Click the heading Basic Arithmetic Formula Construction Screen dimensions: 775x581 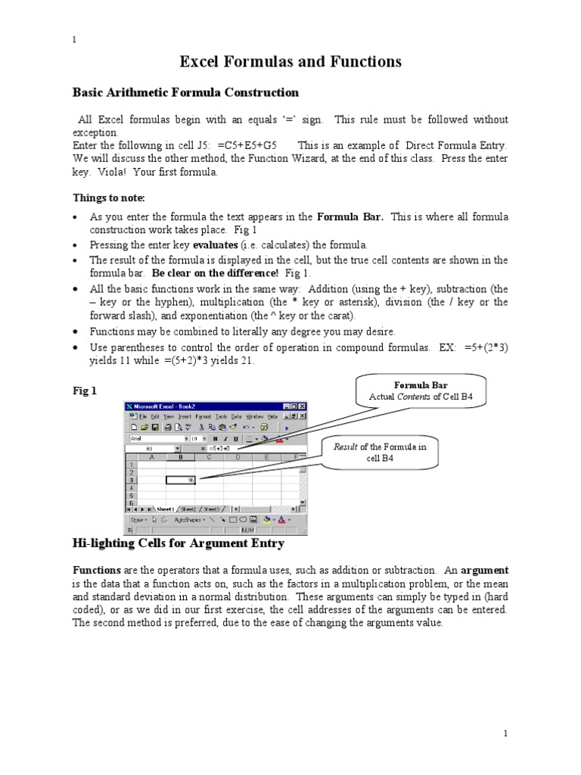tap(185, 92)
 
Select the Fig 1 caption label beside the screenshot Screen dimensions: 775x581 tap(84, 391)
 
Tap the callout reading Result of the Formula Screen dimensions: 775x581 tap(381, 452)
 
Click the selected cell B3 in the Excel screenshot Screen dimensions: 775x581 tap(181, 480)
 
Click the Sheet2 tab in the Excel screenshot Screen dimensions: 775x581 tap(187, 509)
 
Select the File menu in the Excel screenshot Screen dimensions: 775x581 tap(142, 416)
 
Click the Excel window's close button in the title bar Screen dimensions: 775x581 tap(303, 406)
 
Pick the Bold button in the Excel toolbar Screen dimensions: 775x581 tap(215, 437)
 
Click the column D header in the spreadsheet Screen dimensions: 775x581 tap(238, 457)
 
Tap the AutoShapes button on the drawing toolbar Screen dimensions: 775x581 tap(189, 520)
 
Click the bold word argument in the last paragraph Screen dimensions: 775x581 tap(485, 570)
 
